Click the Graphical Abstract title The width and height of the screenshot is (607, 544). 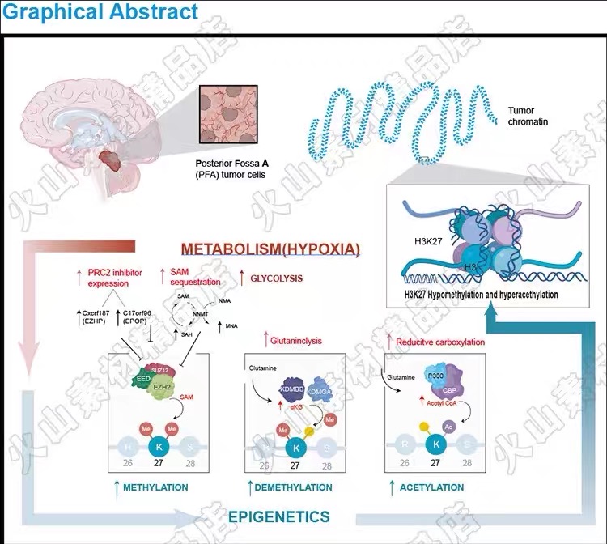point(100,12)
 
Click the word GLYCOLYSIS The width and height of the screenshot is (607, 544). point(275,278)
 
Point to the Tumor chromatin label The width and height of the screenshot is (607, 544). point(528,116)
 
